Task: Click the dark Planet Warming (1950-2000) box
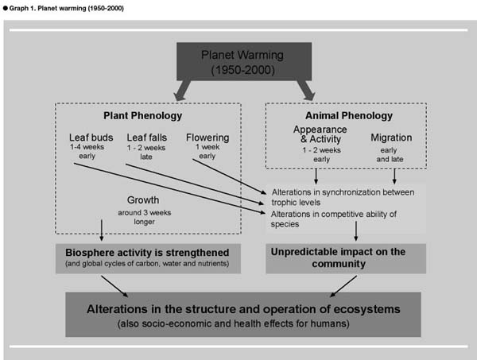[244, 61]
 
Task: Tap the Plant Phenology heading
[142, 115]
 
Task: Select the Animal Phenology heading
[349, 115]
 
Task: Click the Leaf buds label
[91, 137]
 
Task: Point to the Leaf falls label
[147, 137]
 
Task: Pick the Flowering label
[207, 137]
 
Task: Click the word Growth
[143, 200]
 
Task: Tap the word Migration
[391, 137]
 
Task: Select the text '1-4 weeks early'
[87, 152]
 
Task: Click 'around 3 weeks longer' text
[145, 217]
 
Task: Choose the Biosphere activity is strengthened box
[148, 258]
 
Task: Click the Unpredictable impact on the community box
[346, 258]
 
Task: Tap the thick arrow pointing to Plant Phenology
[182, 90]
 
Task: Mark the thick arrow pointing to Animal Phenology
[306, 90]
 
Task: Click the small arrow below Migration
[394, 176]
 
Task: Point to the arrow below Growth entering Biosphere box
[102, 230]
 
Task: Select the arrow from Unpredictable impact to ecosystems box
[343, 286]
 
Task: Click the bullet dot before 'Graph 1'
[6, 8]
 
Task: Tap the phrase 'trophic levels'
[296, 203]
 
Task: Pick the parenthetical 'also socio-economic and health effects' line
[233, 323]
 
